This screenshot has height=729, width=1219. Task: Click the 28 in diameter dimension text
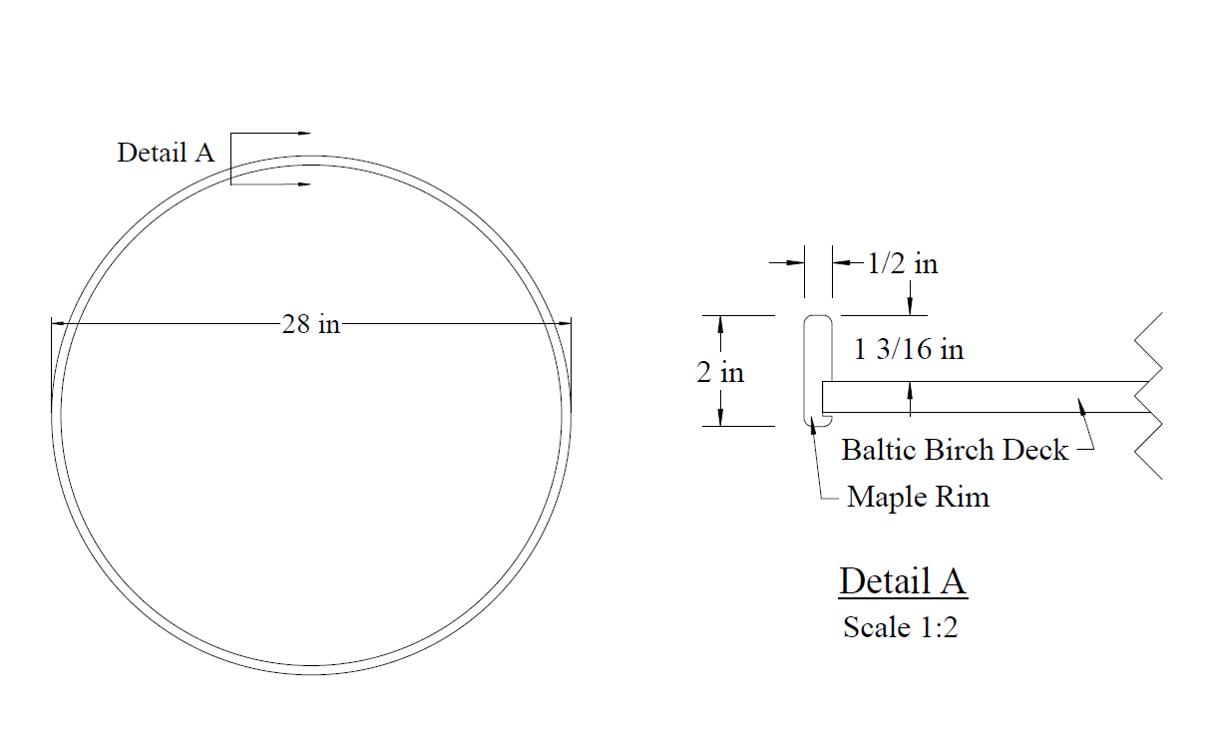click(311, 324)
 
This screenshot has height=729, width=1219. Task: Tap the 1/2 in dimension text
click(903, 264)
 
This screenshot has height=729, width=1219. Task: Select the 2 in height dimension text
click(720, 373)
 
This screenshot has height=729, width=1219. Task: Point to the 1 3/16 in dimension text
click(909, 349)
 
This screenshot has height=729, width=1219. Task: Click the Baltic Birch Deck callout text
click(955, 451)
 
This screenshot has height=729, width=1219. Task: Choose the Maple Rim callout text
click(918, 498)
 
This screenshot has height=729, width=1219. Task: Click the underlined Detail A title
click(903, 581)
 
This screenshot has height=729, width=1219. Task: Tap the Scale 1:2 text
click(901, 627)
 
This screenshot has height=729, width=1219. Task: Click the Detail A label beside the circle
click(166, 153)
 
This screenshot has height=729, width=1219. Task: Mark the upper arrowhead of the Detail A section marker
click(303, 133)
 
